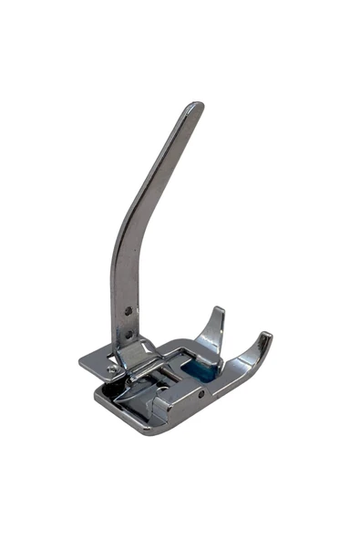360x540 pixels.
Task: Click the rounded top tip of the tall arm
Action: (193, 107)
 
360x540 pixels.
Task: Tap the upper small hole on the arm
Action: (129, 311)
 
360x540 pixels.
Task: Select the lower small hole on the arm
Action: (128, 334)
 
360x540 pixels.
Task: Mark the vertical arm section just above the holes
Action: (122, 283)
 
